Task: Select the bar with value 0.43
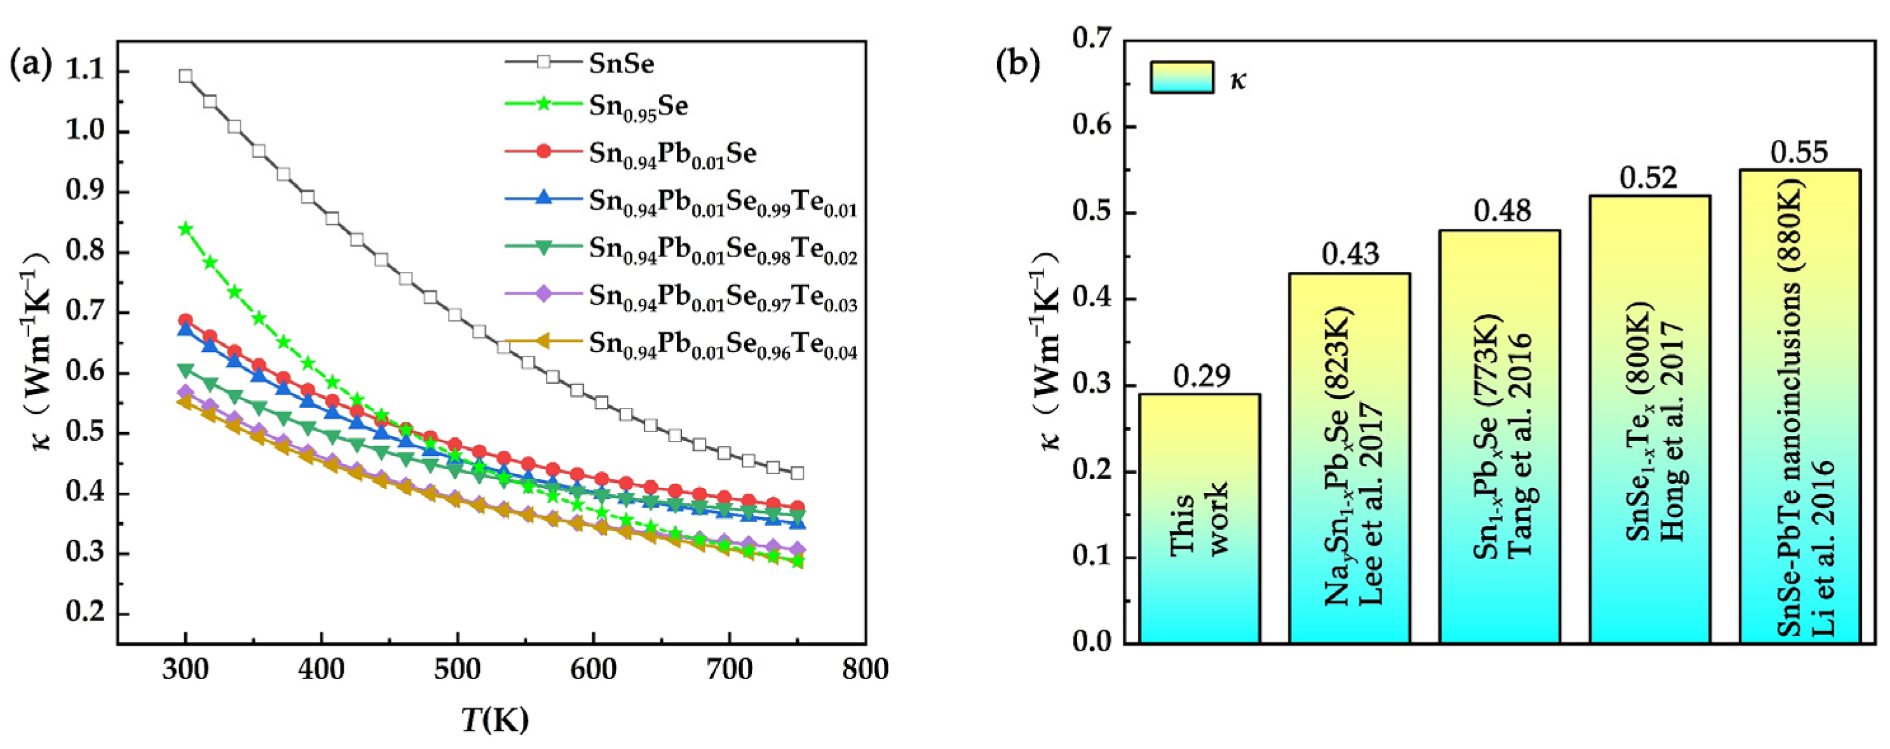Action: pos(1349,458)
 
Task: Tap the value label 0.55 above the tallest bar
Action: pos(1799,152)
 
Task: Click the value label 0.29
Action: pos(1201,375)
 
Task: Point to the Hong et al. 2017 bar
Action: pos(1649,420)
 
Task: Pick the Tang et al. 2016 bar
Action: pos(1499,437)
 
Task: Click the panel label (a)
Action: pos(31,65)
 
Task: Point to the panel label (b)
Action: pos(1017,65)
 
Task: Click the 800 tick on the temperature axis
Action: pos(865,669)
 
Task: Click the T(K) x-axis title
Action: pos(495,722)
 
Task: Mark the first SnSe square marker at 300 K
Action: pos(186,76)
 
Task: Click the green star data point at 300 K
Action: pos(186,228)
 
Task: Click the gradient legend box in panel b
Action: pos(1181,77)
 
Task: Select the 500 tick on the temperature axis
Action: pos(457,669)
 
